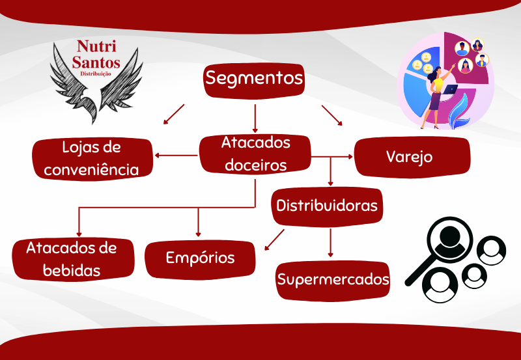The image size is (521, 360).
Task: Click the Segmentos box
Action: coord(254,81)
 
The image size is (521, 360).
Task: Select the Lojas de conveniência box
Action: coord(92,159)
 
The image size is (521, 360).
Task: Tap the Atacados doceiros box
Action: coord(255,154)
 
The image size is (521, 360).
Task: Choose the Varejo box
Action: coord(412,157)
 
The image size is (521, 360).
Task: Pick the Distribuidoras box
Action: coord(327,206)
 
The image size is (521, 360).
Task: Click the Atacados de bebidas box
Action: coord(73,259)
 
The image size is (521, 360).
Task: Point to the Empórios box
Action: coord(200,260)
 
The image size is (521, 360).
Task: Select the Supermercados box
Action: coord(333,281)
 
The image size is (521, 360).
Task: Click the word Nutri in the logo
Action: coord(96,46)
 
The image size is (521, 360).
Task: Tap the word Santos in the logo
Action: coord(96,62)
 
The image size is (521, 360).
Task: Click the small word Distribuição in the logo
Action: coord(96,74)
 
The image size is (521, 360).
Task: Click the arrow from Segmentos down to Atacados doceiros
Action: coord(255,118)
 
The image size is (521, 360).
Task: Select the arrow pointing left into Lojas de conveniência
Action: coord(176,155)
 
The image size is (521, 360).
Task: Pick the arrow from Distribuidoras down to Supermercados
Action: coord(330,243)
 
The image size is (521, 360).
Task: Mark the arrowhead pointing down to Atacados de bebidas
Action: coord(79,234)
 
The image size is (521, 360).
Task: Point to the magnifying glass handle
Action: coord(419,270)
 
